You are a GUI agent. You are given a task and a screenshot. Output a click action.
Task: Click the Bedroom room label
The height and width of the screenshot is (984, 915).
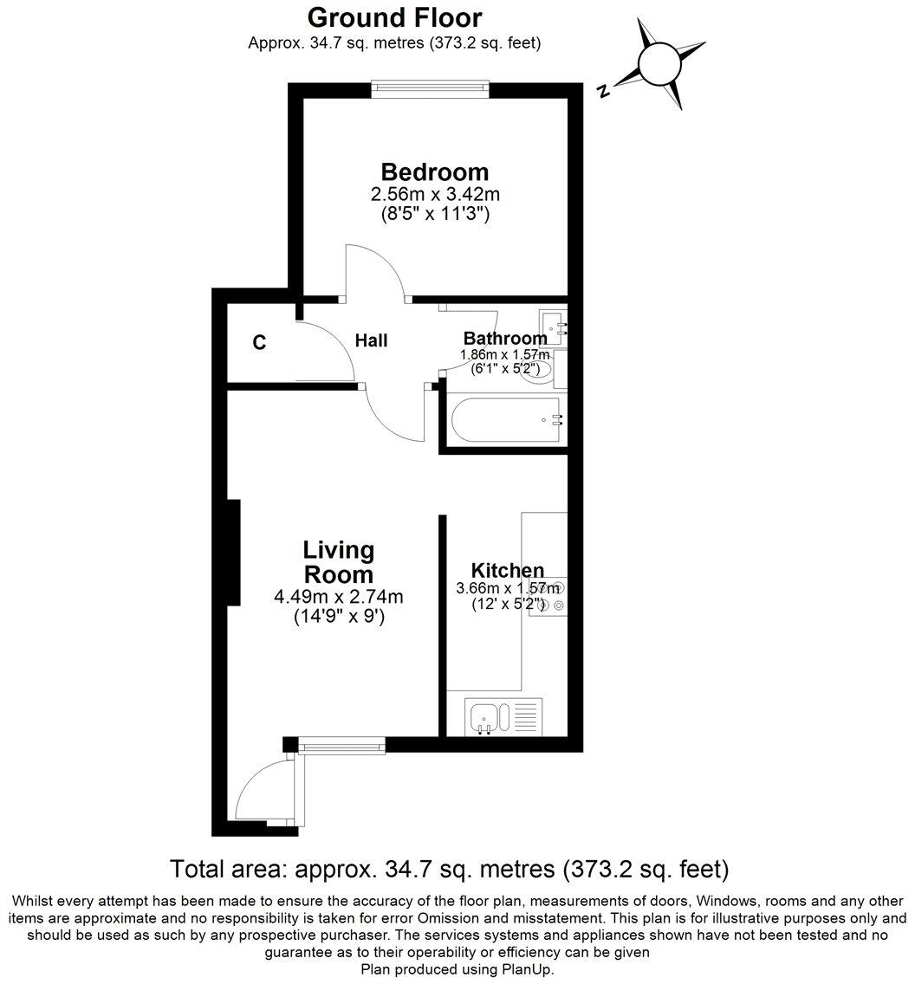pyautogui.click(x=435, y=172)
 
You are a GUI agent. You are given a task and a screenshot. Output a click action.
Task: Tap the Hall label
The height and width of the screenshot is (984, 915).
pyautogui.click(x=371, y=340)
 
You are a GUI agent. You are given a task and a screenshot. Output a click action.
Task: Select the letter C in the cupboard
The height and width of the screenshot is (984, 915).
pyautogui.click(x=259, y=343)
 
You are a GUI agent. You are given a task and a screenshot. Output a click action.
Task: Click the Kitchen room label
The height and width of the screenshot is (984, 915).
pyautogui.click(x=507, y=570)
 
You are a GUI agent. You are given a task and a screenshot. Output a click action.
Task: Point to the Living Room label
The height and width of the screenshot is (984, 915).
pyautogui.click(x=338, y=561)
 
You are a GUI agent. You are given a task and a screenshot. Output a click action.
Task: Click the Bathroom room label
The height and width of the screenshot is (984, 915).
pyautogui.click(x=504, y=338)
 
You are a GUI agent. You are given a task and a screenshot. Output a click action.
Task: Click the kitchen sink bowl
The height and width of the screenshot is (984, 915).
pyautogui.click(x=483, y=717)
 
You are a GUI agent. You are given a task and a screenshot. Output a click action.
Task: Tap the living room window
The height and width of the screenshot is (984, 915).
pyautogui.click(x=341, y=744)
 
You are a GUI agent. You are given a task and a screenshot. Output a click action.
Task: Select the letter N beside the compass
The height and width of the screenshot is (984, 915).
pyautogui.click(x=605, y=90)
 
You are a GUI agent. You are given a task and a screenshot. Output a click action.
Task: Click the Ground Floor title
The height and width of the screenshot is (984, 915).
pyautogui.click(x=394, y=17)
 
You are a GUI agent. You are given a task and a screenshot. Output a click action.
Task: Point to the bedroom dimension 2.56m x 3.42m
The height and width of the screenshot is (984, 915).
pyautogui.click(x=435, y=196)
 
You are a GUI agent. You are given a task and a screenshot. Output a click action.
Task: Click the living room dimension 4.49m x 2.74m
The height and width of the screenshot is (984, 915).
pyautogui.click(x=339, y=597)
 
